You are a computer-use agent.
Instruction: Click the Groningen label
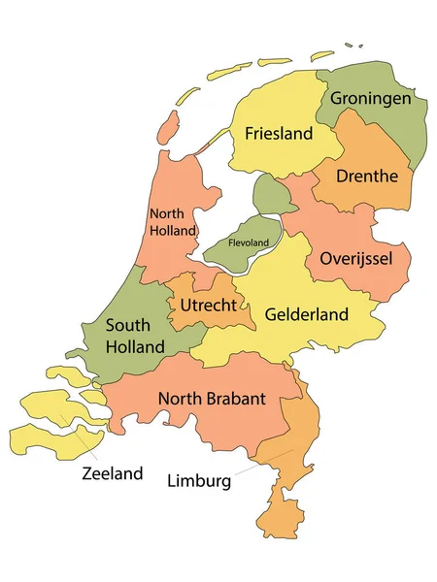point(370,98)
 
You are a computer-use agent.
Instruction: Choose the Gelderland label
point(306,314)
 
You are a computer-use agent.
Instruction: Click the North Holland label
point(173,222)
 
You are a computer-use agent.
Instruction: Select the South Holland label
point(135,335)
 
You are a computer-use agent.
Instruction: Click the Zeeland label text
point(113,473)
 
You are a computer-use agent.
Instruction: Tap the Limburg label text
point(199,480)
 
